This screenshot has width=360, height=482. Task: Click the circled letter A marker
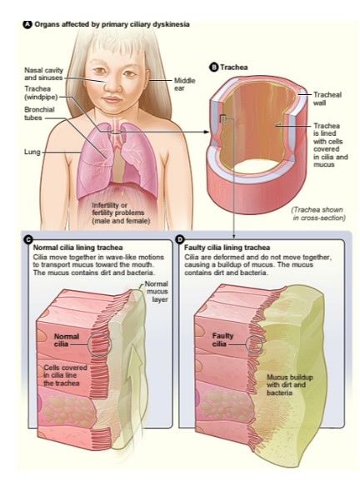[27, 24]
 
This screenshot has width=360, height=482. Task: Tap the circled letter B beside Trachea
[214, 68]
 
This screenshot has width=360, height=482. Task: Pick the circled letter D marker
[180, 239]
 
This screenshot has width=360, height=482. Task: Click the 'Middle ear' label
[185, 84]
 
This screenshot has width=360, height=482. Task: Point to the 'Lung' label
[32, 152]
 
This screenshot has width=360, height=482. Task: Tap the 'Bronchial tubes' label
[39, 113]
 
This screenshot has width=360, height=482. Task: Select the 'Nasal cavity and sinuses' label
[43, 74]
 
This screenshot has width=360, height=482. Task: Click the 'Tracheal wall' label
[327, 98]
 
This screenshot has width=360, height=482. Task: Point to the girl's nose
[112, 85]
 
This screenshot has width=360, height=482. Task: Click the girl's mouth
[112, 99]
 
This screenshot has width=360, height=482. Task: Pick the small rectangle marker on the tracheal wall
[223, 119]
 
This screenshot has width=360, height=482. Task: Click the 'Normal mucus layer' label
[157, 291]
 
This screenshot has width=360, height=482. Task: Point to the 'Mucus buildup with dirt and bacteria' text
[289, 385]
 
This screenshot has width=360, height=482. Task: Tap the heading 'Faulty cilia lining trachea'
[227, 248]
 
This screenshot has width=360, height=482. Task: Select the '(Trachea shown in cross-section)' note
[318, 213]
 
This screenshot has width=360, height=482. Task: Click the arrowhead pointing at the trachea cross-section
[207, 133]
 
